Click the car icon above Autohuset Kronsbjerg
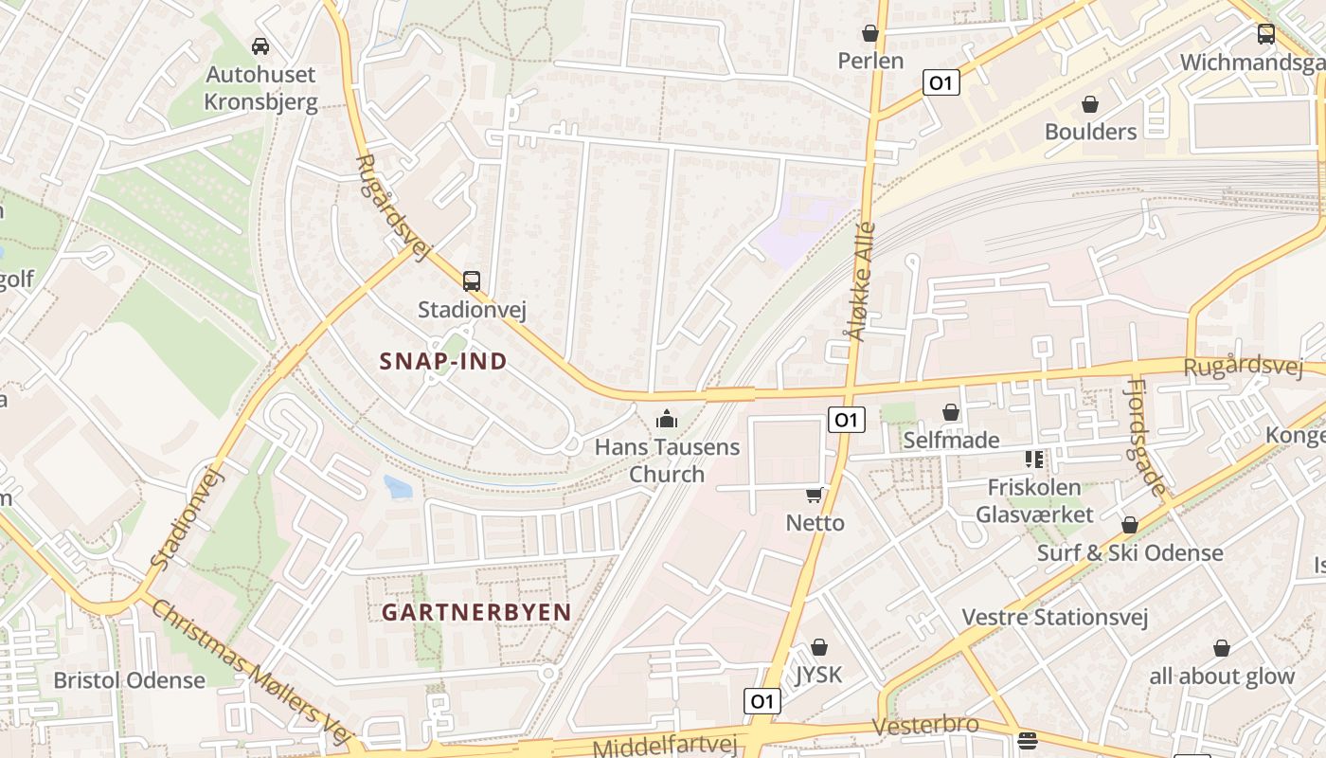[x=260, y=45]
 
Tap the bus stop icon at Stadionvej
[x=471, y=280]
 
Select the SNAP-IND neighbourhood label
[x=443, y=361]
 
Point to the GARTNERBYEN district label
[x=476, y=612]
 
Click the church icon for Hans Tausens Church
[x=667, y=418]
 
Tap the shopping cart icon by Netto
[x=814, y=495]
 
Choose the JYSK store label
[x=818, y=675]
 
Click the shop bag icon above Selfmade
[x=951, y=412]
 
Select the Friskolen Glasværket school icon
[x=1033, y=460]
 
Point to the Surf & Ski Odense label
[x=1129, y=552]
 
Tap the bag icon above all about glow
[x=1222, y=648]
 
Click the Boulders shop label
[x=1090, y=132]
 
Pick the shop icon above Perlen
[x=870, y=34]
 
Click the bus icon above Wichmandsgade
[x=1265, y=34]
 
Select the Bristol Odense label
[x=129, y=680]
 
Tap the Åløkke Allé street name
[x=860, y=281]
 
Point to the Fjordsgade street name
[x=1145, y=437]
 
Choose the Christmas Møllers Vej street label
[x=252, y=672]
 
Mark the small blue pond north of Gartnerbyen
[x=398, y=487]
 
